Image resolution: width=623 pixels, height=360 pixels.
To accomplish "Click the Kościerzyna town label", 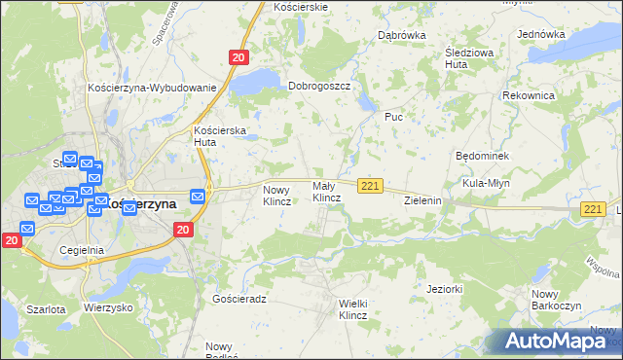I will pyautogui.click(x=140, y=204).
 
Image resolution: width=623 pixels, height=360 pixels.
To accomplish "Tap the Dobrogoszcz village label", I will pyautogui.click(x=318, y=86).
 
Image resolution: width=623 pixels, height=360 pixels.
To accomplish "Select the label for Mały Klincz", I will pyautogui.click(x=325, y=192).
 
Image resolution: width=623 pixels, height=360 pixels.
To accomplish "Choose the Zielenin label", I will pyautogui.click(x=423, y=200).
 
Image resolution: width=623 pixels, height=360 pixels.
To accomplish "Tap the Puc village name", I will pyautogui.click(x=393, y=117).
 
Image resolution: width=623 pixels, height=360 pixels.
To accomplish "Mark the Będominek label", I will pyautogui.click(x=483, y=156).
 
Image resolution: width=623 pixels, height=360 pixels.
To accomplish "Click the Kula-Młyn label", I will pyautogui.click(x=487, y=183).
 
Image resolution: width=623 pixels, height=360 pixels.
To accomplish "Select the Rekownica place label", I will pyautogui.click(x=529, y=96).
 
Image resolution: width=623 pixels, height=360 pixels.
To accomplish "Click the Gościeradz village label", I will pyautogui.click(x=238, y=299).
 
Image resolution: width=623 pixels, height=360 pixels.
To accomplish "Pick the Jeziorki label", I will pyautogui.click(x=444, y=289).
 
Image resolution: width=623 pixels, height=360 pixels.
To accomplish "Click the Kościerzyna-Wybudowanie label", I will pyautogui.click(x=151, y=88).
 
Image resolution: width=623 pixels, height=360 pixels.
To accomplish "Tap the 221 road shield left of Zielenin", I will pyautogui.click(x=369, y=185).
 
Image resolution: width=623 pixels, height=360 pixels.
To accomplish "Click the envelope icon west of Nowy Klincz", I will pyautogui.click(x=199, y=196).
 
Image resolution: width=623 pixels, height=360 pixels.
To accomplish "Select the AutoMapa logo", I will pyautogui.click(x=557, y=342).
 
